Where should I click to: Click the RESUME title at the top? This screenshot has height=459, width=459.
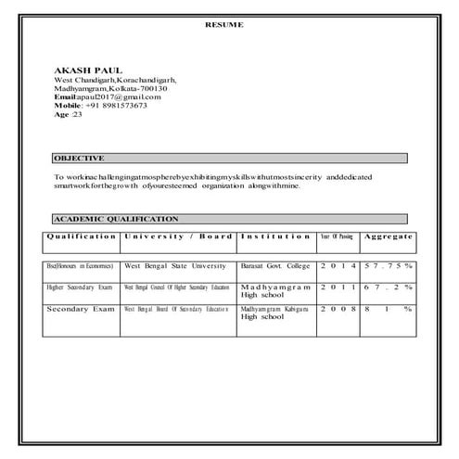tap(224, 25)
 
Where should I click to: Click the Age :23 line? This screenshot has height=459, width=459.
tap(69, 114)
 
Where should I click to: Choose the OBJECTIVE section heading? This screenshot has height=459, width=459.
tap(79, 159)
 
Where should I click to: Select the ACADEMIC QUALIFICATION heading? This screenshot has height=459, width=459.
tap(116, 219)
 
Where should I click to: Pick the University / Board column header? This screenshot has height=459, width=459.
tap(178, 236)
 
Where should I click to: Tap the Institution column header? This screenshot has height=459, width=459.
tap(275, 236)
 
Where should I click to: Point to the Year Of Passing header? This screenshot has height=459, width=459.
tap(337, 236)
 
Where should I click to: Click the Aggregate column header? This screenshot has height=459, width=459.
tap(388, 236)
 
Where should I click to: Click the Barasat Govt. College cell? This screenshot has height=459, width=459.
tap(275, 265)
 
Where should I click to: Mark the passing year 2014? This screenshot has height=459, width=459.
tap(337, 265)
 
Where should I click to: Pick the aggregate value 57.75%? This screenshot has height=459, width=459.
tap(388, 265)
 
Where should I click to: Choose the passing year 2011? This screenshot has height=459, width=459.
tap(337, 287)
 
